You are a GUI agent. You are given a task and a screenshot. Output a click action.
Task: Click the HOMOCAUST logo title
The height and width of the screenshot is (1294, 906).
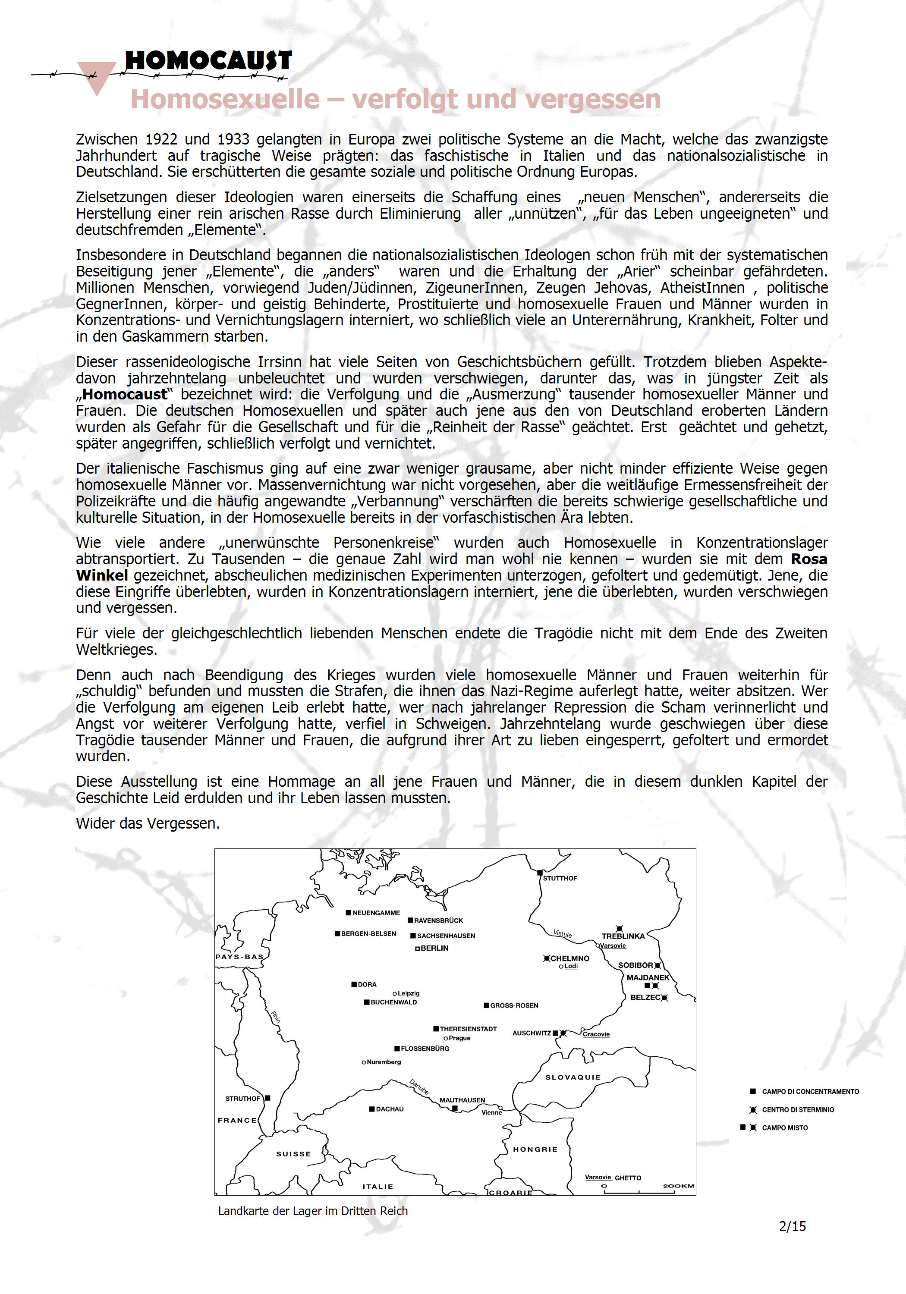(208, 60)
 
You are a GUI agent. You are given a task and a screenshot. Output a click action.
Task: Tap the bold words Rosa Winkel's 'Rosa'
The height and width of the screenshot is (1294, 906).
(809, 559)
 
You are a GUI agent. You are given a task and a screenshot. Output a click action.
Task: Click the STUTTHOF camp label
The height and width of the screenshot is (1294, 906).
(560, 878)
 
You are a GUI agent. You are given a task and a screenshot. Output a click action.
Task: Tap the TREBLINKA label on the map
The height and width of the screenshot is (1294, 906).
(623, 936)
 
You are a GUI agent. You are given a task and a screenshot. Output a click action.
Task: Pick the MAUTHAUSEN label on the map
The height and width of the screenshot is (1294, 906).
(462, 1099)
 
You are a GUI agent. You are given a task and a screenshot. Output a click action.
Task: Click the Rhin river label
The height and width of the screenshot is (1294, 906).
(276, 1017)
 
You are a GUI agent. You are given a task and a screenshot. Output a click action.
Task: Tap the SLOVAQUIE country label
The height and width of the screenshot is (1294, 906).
(573, 1077)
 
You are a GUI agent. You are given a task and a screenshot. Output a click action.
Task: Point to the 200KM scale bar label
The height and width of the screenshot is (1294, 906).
(678, 1186)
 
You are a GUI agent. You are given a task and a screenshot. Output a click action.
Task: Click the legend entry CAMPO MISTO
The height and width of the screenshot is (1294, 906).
(785, 1128)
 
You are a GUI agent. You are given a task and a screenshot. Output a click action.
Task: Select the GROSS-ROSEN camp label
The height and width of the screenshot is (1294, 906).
(514, 1005)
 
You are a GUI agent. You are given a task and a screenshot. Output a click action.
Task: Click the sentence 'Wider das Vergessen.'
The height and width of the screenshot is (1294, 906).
(148, 823)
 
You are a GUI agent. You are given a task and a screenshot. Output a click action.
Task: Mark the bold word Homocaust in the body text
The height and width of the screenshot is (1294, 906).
(125, 395)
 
